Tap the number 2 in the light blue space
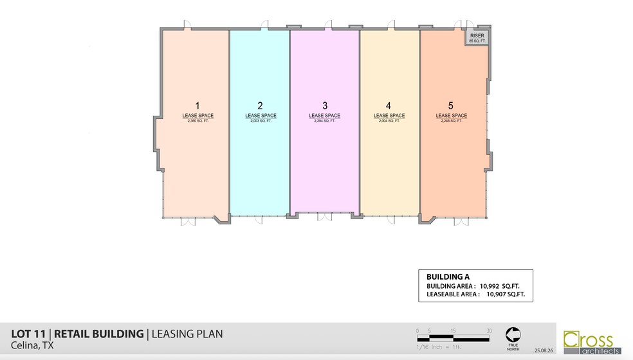click(260, 105)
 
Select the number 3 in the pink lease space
click(325, 105)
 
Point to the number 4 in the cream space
click(389, 105)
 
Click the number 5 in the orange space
click(451, 105)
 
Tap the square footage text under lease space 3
click(325, 121)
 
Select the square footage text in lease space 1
click(198, 121)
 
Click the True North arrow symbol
click(513, 334)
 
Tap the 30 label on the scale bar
click(489, 330)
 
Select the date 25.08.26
click(544, 351)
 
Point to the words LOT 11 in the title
click(29, 334)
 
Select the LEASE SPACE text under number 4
click(389, 116)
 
